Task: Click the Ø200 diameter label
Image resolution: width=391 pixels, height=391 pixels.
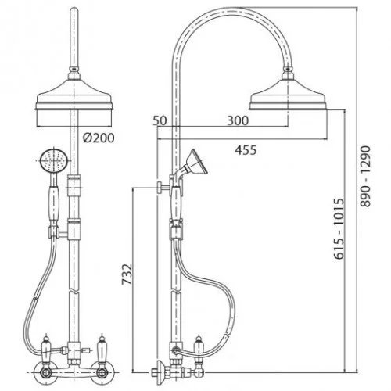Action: point(99,138)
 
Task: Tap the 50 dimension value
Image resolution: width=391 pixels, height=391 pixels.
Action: point(160,120)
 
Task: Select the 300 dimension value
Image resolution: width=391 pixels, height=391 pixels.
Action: point(238,120)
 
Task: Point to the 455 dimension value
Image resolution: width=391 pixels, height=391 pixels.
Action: point(246,150)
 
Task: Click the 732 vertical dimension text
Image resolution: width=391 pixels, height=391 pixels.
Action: point(127,274)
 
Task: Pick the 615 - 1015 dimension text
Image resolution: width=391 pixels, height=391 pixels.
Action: point(339,229)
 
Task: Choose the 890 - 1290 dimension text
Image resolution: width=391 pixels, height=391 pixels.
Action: point(365,177)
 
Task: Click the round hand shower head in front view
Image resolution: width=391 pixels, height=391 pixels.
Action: point(54,161)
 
